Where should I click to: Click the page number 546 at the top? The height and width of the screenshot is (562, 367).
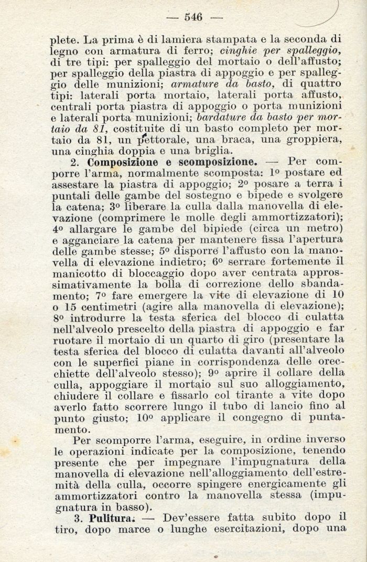pyautogui.click(x=193, y=17)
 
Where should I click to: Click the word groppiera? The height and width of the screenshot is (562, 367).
pyautogui.click(x=314, y=139)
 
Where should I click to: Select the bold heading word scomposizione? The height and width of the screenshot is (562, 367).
pyautogui.click(x=217, y=162)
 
